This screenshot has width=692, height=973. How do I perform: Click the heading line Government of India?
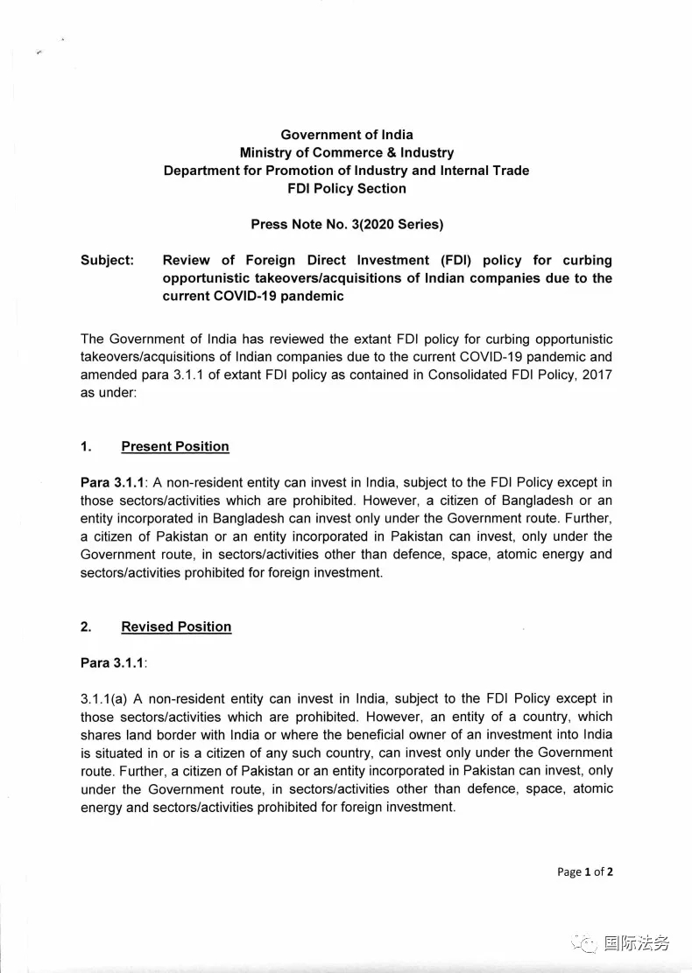pos(346,135)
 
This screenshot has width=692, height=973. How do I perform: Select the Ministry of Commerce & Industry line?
pos(346,152)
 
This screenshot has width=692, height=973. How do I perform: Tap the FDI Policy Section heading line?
pos(346,188)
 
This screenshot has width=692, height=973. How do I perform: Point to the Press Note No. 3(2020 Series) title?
pos(347,224)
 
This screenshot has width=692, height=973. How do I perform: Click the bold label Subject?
pos(107,261)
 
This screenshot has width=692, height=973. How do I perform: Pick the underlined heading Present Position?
pos(175,446)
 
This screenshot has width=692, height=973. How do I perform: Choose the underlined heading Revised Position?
pos(176,626)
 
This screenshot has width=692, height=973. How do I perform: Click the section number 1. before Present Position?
pos(86,446)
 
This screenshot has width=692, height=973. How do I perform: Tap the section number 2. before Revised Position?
pos(86,626)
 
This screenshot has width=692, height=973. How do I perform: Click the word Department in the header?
pos(198,171)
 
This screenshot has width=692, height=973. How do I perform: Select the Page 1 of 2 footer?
pos(584,871)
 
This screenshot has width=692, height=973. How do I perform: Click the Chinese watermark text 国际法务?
pos(636,942)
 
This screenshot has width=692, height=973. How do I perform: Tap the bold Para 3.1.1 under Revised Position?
pos(111,662)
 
